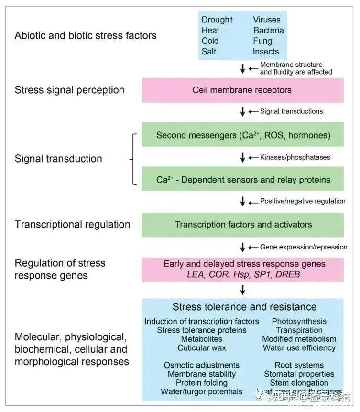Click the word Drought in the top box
tap(217, 20)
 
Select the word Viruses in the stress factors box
tap(267, 20)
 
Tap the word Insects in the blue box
tap(266, 52)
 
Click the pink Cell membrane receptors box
tap(242, 90)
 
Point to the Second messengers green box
tap(242, 135)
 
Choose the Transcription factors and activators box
tap(242, 224)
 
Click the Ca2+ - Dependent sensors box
tap(242, 180)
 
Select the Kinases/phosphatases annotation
tap(295, 157)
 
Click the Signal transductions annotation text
tap(291, 111)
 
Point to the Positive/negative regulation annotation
tap(302, 201)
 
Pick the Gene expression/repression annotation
tap(304, 247)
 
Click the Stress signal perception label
tap(70, 90)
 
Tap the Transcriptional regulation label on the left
tap(72, 224)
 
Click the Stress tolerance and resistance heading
tap(244, 306)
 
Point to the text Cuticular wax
tap(202, 348)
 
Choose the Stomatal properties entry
tap(299, 374)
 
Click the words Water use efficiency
tap(299, 348)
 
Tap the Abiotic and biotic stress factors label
tap(86, 35)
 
